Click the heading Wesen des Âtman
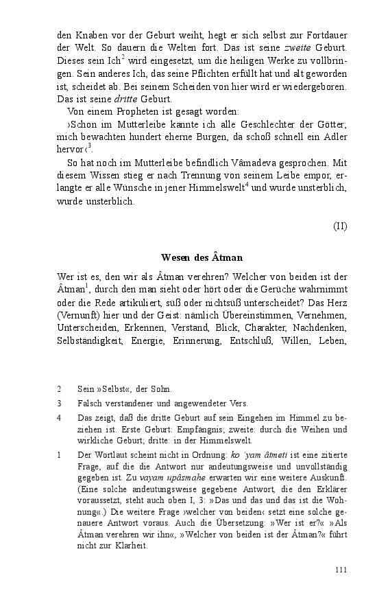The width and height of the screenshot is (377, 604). [x=202, y=257]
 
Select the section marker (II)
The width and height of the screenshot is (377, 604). [x=340, y=226]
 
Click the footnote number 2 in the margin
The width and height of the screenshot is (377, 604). [x=60, y=389]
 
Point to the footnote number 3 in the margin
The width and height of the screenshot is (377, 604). [x=60, y=404]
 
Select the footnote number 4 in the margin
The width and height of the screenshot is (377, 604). [x=60, y=417]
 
